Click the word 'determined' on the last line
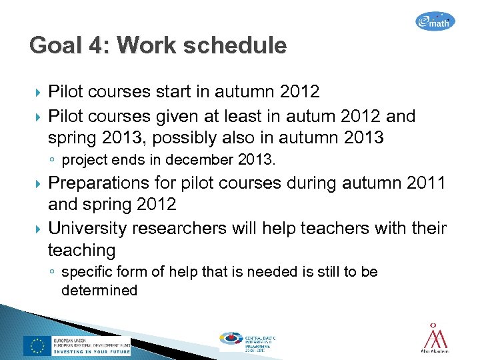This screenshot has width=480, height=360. (99, 290)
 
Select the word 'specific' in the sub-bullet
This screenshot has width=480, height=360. (83, 272)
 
